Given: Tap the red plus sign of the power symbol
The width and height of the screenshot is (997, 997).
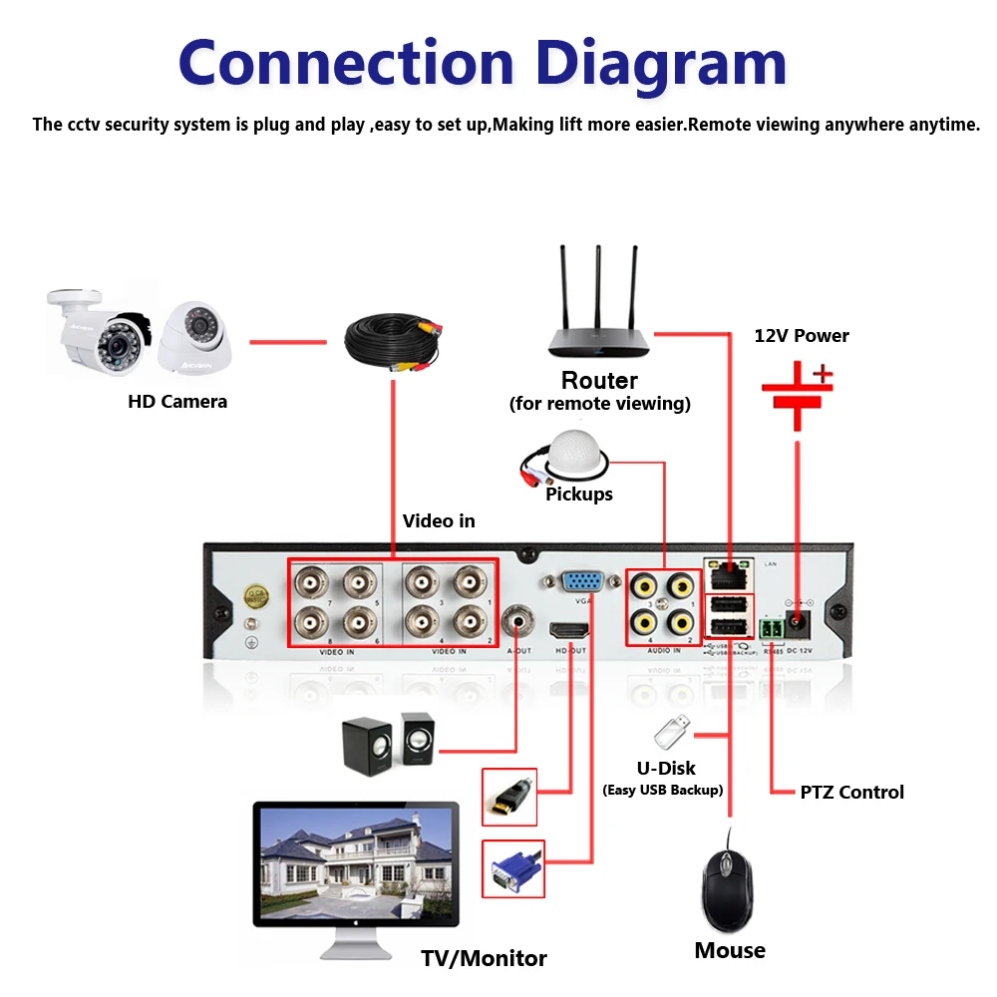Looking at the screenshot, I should pos(822,376).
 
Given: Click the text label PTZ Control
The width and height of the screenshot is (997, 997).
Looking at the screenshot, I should pos(851,793).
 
